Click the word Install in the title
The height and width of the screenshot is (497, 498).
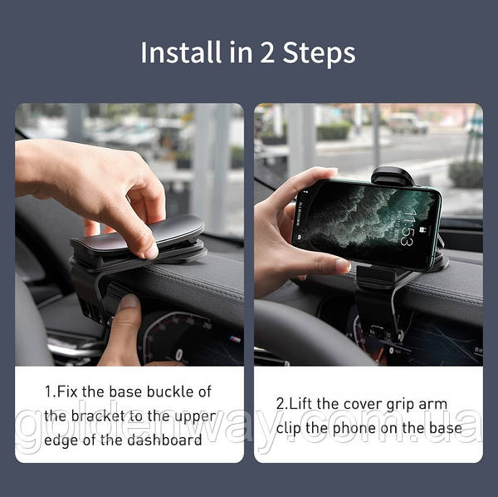tap(180, 52)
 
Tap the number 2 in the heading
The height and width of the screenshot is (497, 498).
tap(266, 53)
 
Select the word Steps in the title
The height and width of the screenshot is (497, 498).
tap(319, 54)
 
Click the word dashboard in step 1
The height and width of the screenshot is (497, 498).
tap(164, 440)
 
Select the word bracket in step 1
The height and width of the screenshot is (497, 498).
tap(98, 416)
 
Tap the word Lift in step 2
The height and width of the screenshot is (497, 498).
tap(302, 404)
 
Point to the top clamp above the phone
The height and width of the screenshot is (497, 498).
tap(393, 176)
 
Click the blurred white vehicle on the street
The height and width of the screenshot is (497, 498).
tap(408, 123)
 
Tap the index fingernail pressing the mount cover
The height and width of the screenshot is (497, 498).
tap(151, 251)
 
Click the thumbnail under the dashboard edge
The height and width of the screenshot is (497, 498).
tap(129, 301)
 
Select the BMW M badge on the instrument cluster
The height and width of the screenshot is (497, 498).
tap(235, 339)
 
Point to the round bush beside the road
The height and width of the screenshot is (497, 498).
tap(466, 174)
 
